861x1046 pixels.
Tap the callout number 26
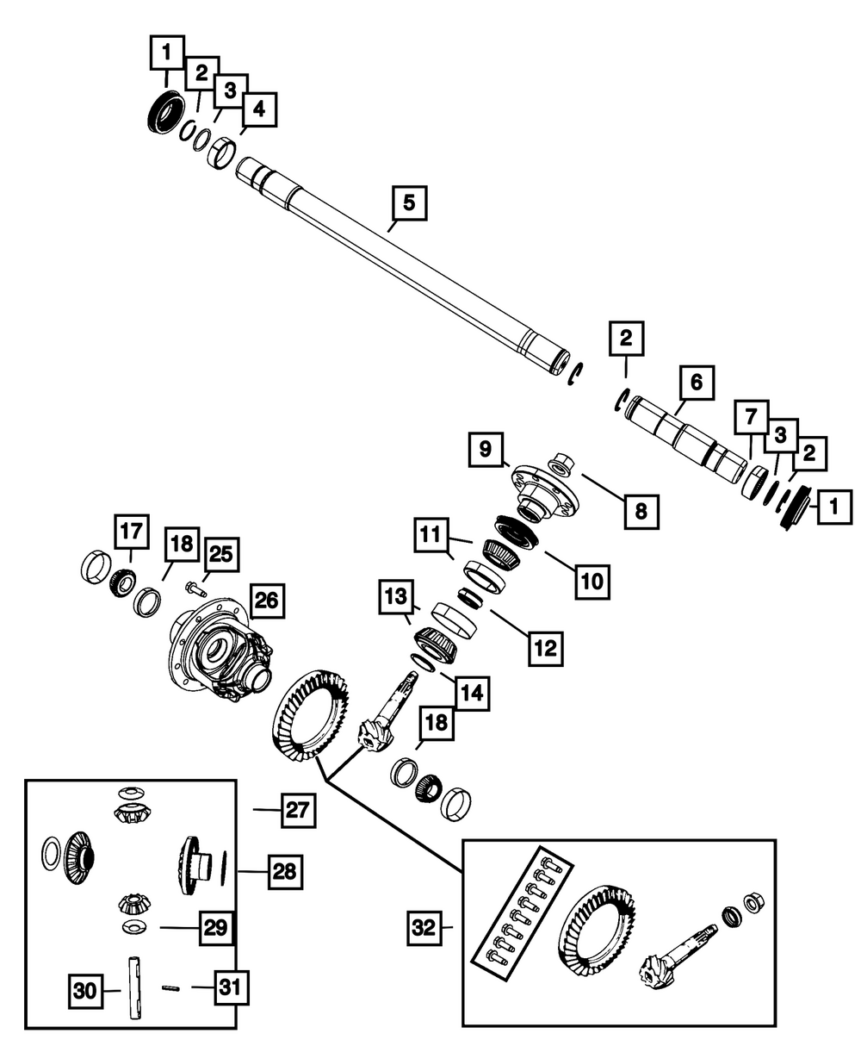pos(266,601)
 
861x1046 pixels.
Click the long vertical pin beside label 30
pos(136,988)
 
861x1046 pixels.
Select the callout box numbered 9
pos(486,449)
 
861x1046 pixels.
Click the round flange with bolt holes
pos(544,488)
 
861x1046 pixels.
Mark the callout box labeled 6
pos(697,383)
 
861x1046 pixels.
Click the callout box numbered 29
pos(216,928)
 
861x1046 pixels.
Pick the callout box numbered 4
pos(258,109)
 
